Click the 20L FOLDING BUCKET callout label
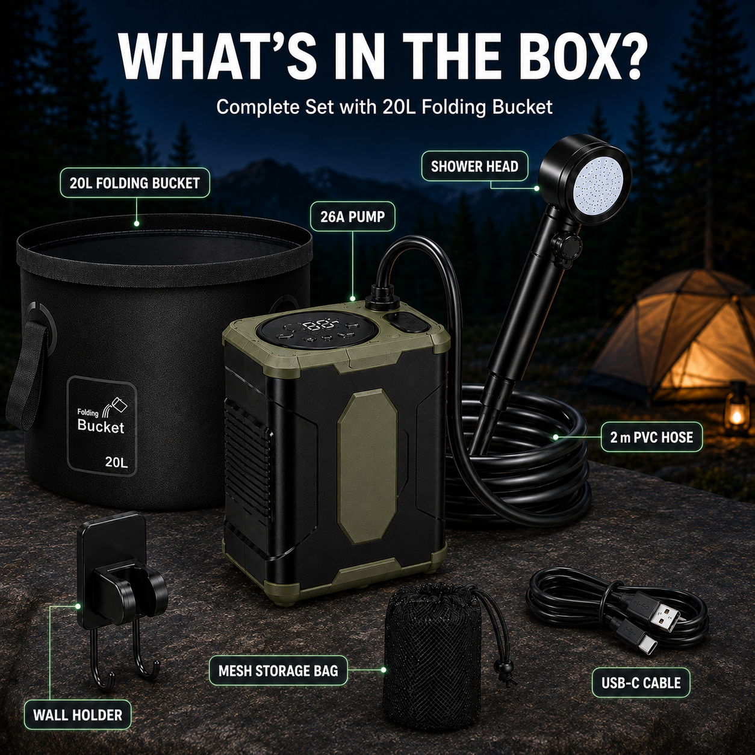click(134, 183)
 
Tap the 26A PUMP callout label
click(353, 217)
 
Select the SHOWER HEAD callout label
click(474, 166)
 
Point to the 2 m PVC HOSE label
click(651, 437)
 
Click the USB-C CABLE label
click(641, 683)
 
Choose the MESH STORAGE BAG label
click(278, 670)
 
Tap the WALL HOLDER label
click(78, 715)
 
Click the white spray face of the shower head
click(598, 185)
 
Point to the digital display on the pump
click(316, 325)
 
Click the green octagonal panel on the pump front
click(367, 466)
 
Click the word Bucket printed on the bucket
click(101, 426)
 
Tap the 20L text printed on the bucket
click(116, 462)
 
